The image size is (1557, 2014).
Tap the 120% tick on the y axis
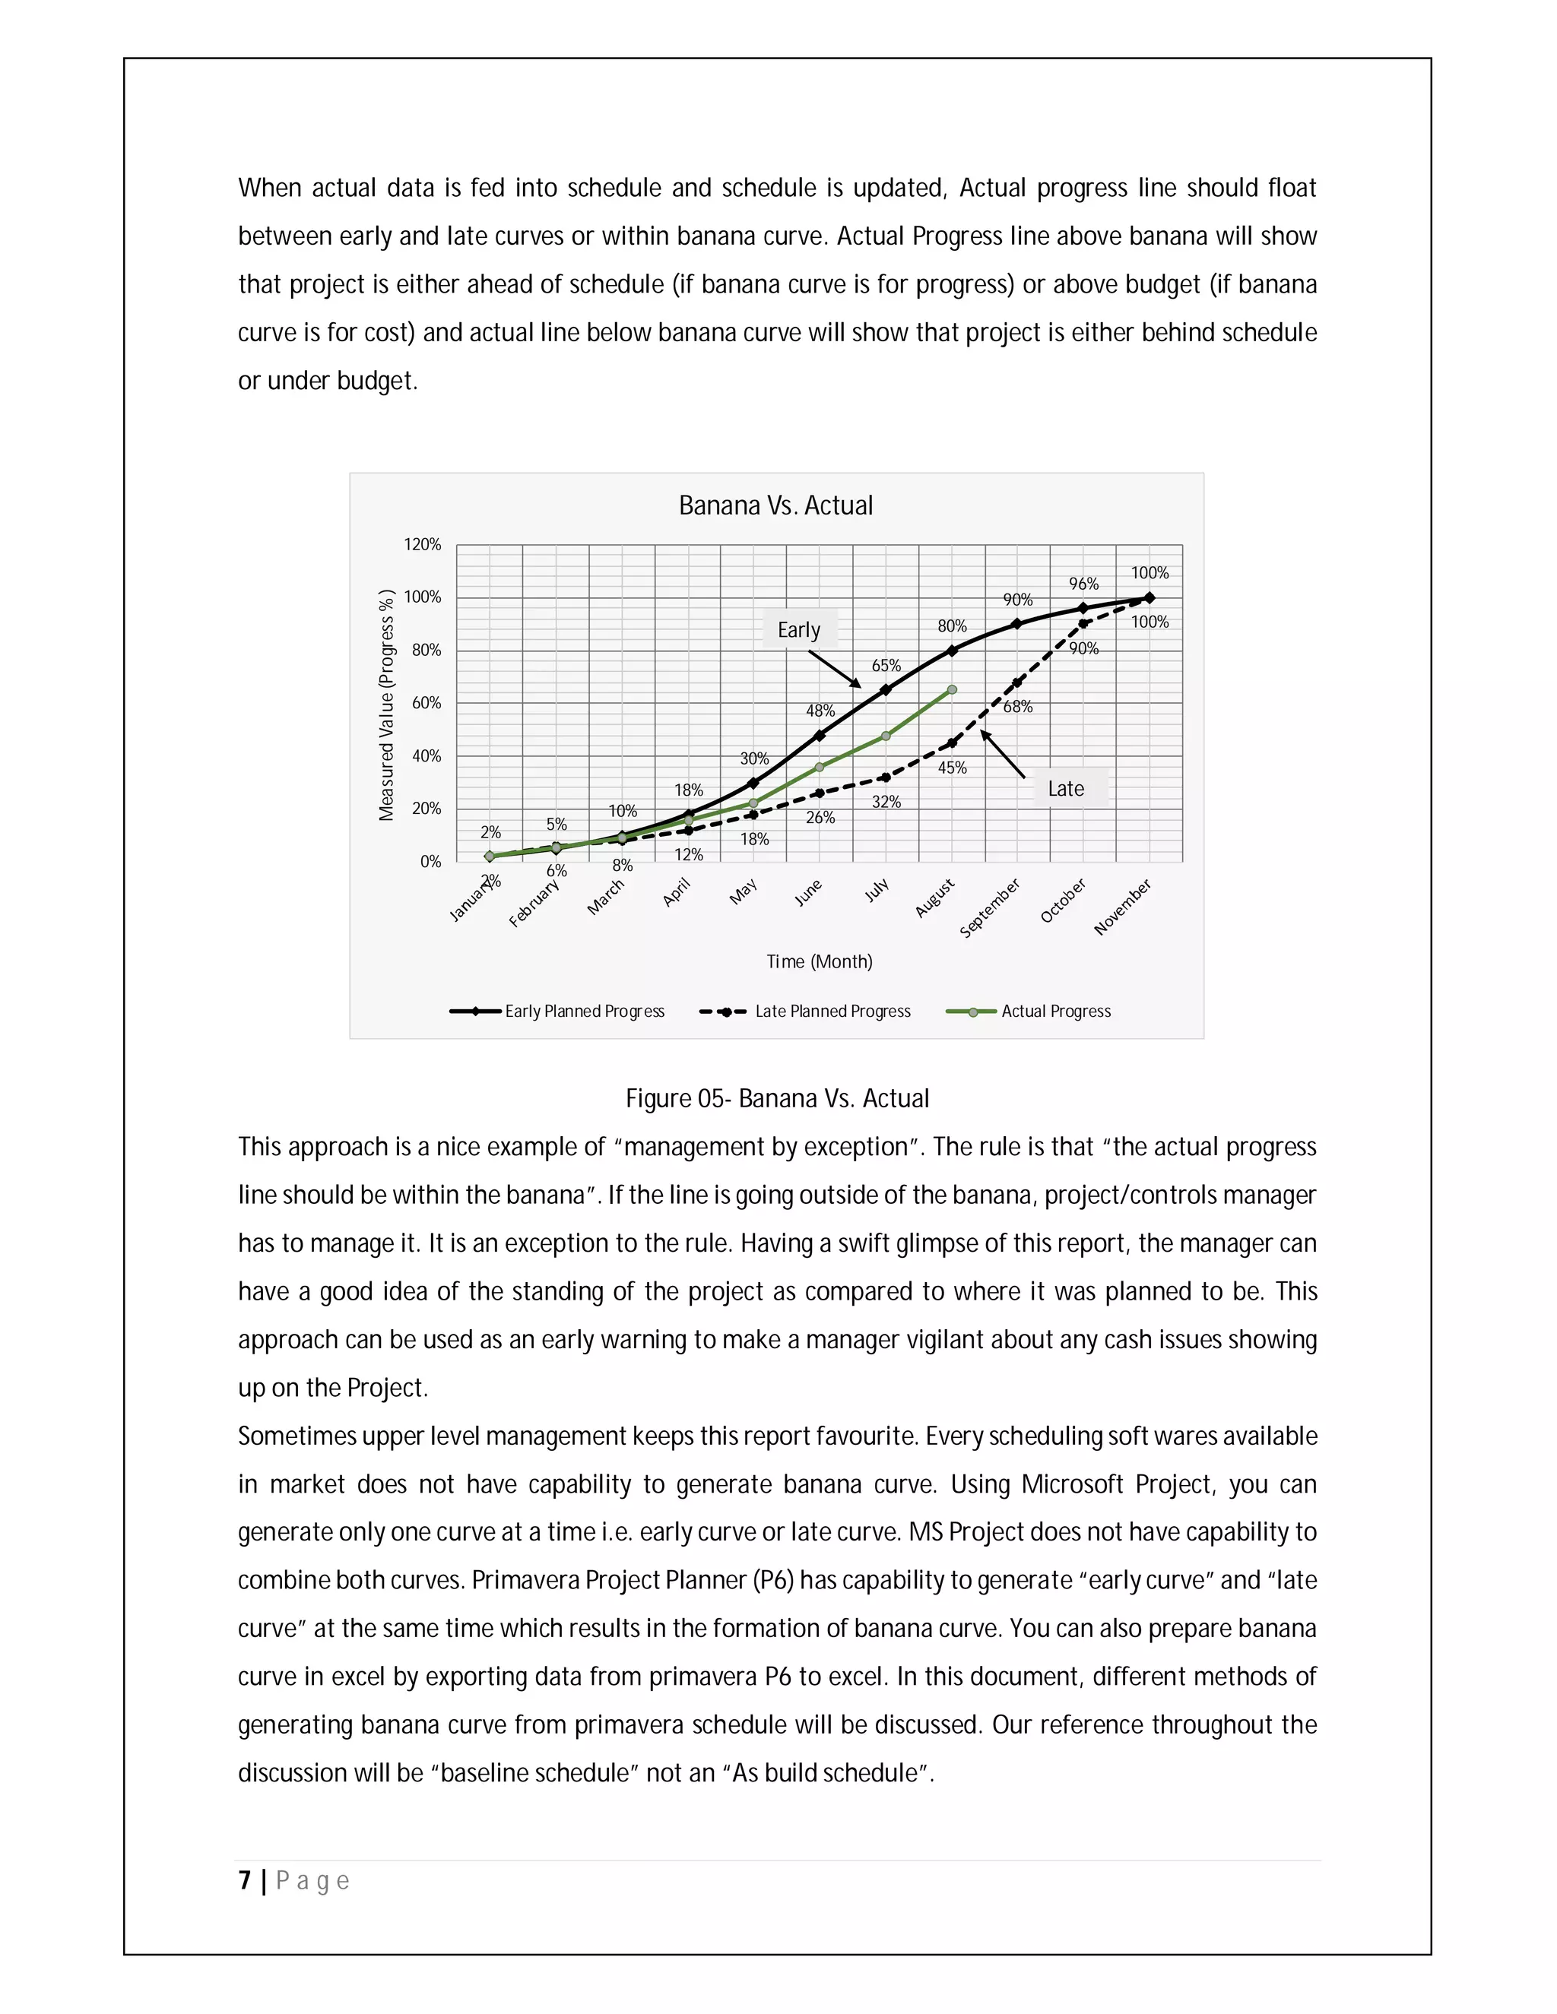coord(423,545)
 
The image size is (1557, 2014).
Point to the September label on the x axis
coord(990,908)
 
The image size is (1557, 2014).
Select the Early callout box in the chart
coord(799,630)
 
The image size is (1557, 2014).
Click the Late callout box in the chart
coord(1067,788)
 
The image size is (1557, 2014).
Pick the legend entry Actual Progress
coord(1055,1012)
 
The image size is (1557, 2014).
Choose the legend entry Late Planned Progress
coord(832,1012)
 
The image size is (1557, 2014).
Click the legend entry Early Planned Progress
coord(584,1012)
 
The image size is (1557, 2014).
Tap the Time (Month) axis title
coord(819,962)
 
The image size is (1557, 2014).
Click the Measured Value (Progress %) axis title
coord(386,705)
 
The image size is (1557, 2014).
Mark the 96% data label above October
coord(1084,584)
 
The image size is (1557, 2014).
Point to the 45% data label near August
coord(953,768)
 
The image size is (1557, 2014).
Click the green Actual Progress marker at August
coord(952,690)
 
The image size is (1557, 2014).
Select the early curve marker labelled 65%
coord(886,690)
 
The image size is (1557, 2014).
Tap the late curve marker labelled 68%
coord(1017,683)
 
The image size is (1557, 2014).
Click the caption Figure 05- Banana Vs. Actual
coord(777,1098)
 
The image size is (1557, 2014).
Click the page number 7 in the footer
coord(245,1880)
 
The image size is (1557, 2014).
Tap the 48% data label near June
coord(820,711)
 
